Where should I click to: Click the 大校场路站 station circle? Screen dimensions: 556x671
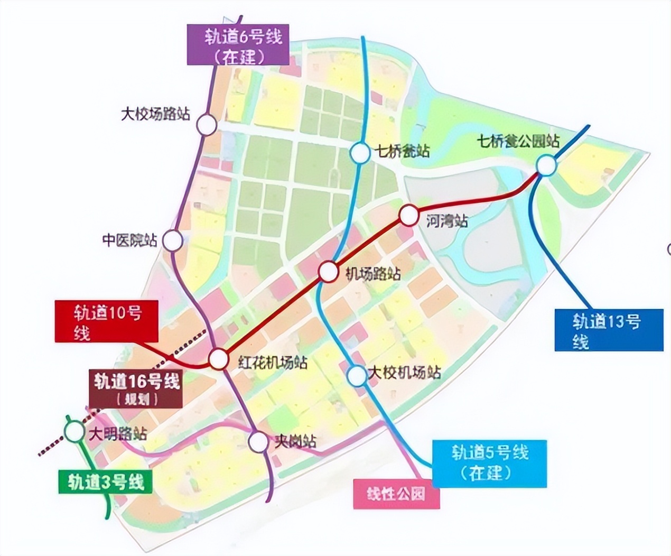click(207, 125)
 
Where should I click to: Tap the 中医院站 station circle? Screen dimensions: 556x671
click(172, 240)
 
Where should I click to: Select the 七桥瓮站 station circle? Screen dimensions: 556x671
click(360, 153)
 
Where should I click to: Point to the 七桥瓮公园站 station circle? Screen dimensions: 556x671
click(547, 165)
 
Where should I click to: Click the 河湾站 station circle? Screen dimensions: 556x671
click(408, 216)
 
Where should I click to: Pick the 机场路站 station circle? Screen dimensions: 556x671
click(328, 272)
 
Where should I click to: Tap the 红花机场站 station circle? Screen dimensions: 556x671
click(218, 359)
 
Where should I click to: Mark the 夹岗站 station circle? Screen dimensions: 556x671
click(259, 442)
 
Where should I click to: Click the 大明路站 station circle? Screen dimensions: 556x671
click(73, 431)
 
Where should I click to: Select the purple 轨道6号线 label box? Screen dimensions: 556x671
click(238, 46)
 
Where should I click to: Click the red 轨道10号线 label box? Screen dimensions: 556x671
click(107, 321)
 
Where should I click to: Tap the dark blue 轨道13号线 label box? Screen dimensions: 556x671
click(609, 330)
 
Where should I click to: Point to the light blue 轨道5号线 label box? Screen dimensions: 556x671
click(489, 464)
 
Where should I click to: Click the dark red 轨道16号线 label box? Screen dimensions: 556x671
click(136, 388)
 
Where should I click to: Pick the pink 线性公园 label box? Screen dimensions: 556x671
click(396, 494)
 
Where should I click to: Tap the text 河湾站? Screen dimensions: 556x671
click(447, 220)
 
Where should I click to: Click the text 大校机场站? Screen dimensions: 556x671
click(405, 373)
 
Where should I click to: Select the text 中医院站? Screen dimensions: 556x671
click(130, 240)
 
